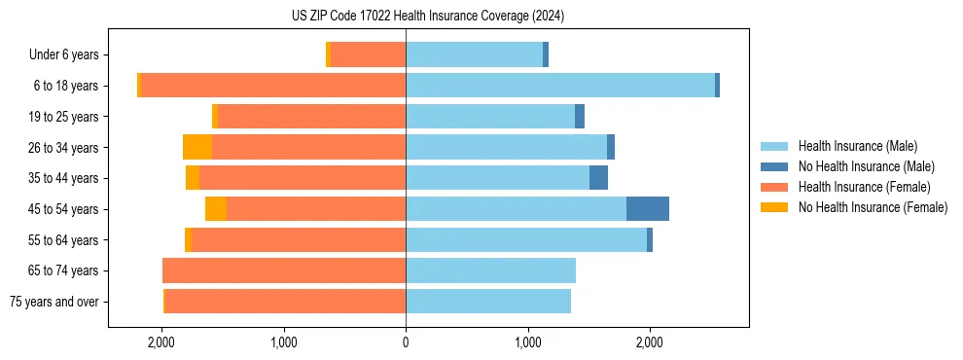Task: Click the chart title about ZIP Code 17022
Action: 428,16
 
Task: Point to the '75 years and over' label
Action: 54,302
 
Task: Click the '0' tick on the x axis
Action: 406,342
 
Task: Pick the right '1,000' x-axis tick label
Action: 527,342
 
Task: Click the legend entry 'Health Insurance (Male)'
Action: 857,146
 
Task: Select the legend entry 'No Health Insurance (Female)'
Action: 873,207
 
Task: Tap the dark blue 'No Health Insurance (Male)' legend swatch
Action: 775,166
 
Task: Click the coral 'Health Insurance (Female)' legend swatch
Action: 775,187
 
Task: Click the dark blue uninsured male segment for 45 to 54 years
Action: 648,209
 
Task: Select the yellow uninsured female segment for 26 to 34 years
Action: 197,148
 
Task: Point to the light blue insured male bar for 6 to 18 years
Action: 560,86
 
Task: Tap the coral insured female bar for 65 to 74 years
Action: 284,270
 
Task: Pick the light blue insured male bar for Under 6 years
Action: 474,55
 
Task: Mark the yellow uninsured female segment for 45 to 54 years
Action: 216,209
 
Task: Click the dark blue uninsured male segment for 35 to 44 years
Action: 598,178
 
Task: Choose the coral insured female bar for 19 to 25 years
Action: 311,117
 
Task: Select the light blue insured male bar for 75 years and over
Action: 488,302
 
